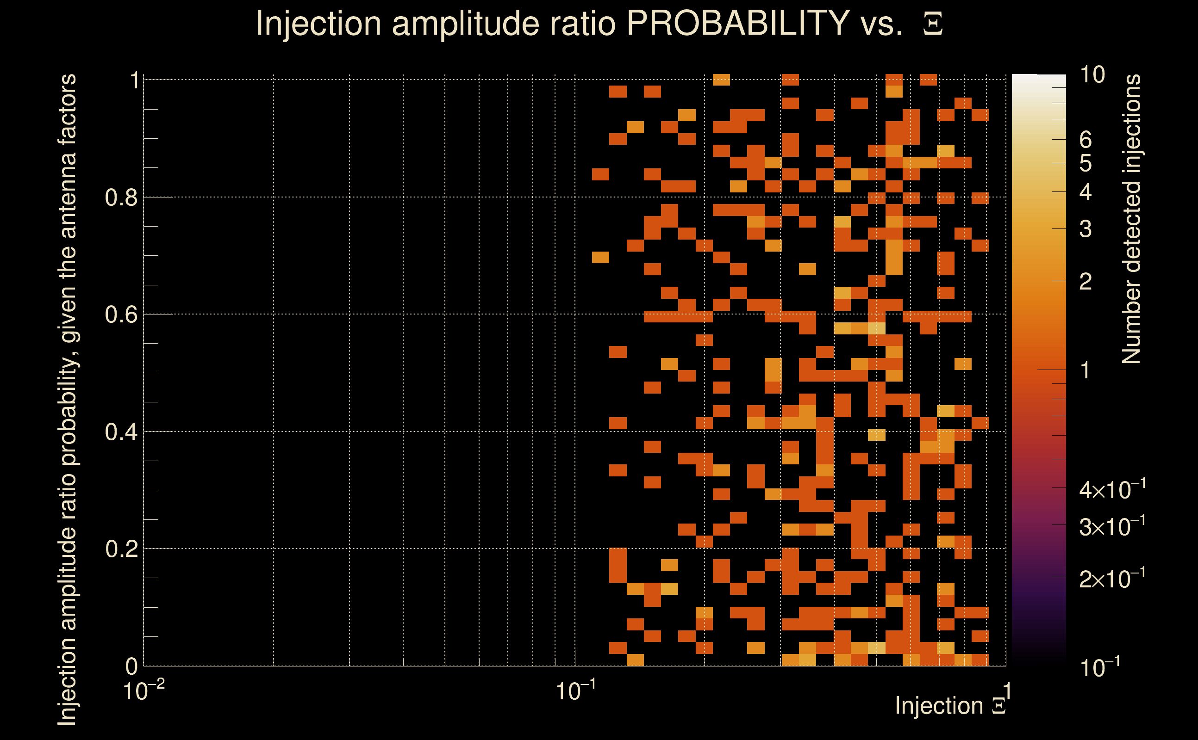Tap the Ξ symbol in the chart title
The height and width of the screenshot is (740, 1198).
point(933,24)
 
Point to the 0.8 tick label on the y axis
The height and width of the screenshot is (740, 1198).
point(122,198)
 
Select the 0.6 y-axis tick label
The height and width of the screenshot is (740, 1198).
point(122,314)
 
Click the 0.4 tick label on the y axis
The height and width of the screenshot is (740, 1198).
point(122,432)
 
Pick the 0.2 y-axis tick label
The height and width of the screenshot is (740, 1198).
point(122,549)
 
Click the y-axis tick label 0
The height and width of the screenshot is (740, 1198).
point(132,666)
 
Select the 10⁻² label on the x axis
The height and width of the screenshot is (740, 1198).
point(144,691)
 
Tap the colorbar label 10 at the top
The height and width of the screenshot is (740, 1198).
point(1092,75)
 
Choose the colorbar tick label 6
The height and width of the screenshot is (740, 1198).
point(1086,140)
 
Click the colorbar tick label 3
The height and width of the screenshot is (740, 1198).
point(1086,229)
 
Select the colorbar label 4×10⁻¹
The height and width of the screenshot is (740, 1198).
point(1112,489)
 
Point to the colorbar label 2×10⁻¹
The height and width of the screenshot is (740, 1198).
point(1112,579)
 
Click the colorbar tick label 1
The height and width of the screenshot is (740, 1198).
point(1086,370)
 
